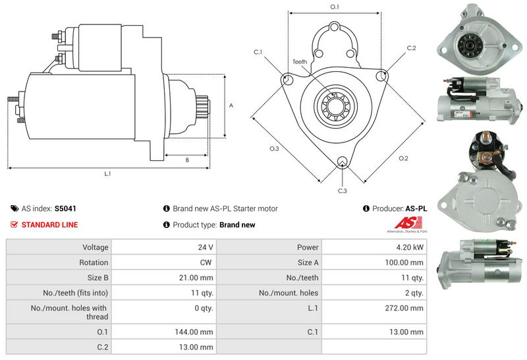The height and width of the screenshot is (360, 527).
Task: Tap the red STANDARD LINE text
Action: click(x=49, y=225)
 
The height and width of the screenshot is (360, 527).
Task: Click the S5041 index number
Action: click(x=65, y=208)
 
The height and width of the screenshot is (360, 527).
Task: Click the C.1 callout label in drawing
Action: click(x=258, y=51)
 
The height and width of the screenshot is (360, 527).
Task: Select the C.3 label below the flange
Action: click(x=342, y=191)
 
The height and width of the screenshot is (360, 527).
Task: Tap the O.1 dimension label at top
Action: click(x=334, y=7)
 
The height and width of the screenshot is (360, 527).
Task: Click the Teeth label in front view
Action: click(x=300, y=61)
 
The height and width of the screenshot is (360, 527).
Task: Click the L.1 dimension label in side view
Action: click(x=107, y=174)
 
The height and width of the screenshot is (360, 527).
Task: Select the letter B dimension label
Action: click(x=187, y=160)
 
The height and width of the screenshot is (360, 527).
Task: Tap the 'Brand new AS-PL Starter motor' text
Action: click(x=225, y=208)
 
